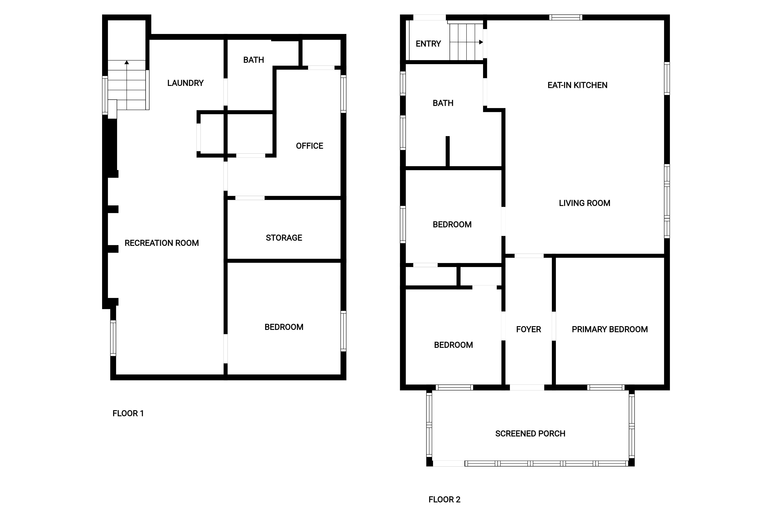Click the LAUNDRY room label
[185, 83]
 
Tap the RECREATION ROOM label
[162, 243]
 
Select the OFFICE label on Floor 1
[310, 146]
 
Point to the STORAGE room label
[284, 238]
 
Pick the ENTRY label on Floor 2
[428, 44]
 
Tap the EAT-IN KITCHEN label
[577, 85]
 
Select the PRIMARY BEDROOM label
[610, 329]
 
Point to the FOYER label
[528, 329]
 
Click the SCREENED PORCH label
[530, 434]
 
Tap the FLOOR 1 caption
[128, 413]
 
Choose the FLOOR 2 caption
[444, 500]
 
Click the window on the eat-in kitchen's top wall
[566, 17]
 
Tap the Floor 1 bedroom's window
[343, 331]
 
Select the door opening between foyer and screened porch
[527, 387]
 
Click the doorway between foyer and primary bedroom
[554, 326]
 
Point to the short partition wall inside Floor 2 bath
[448, 151]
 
